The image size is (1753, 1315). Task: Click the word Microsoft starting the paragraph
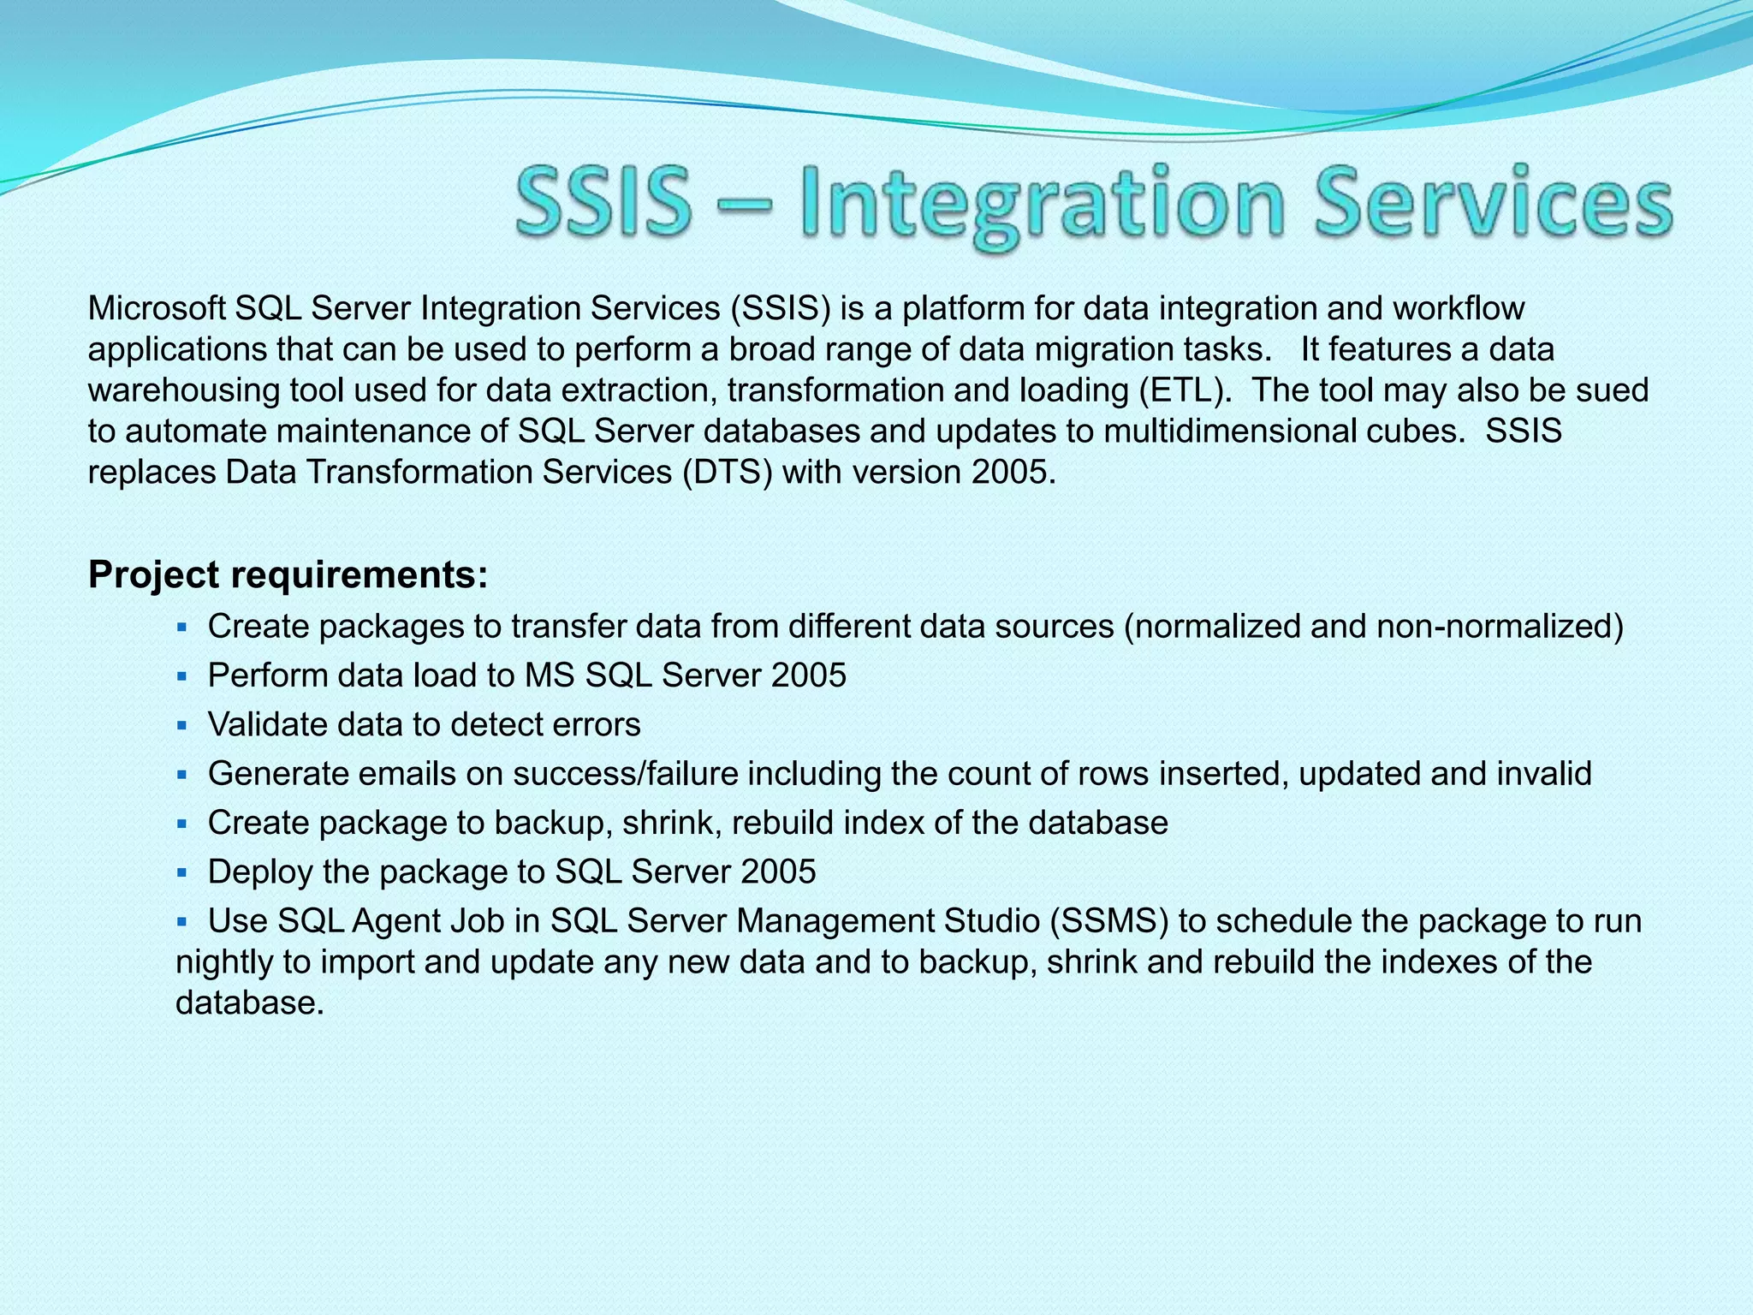pyautogui.click(x=157, y=308)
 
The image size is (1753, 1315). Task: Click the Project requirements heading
pyautogui.click(x=288, y=574)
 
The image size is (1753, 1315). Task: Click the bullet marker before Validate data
pyautogui.click(x=181, y=725)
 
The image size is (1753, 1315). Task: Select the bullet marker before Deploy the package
pyautogui.click(x=181, y=873)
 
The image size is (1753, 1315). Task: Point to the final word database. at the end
pyautogui.click(x=249, y=1003)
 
